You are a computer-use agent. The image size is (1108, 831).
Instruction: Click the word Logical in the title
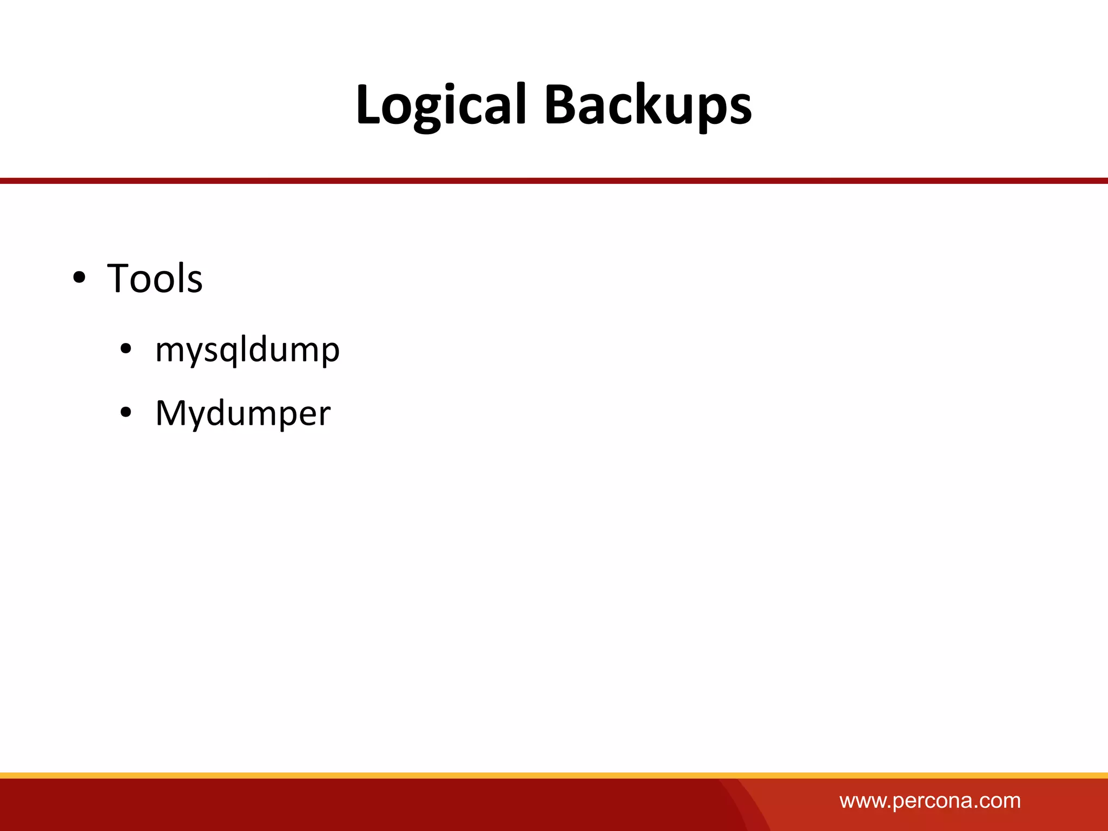(440, 105)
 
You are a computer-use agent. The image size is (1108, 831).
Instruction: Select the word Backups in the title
(648, 105)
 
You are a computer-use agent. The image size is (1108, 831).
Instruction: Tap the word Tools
(155, 279)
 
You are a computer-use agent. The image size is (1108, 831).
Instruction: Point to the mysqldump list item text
(247, 350)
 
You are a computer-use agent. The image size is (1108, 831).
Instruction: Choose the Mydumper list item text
(242, 413)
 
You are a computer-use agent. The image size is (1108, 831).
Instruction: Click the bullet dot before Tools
(79, 278)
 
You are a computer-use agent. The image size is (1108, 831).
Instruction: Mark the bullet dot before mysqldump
(126, 349)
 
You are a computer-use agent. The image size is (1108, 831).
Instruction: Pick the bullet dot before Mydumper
(126, 413)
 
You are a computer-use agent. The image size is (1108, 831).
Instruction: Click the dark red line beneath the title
(554, 181)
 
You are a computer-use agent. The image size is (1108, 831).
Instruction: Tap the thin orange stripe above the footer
(554, 775)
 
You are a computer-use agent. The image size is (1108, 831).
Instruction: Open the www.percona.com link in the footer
(930, 801)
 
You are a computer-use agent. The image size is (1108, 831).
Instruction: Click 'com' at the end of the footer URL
(1000, 801)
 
